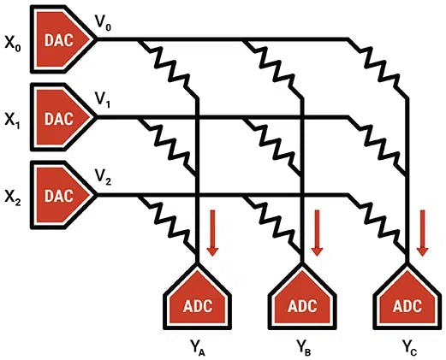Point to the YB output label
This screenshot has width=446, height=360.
[304, 347]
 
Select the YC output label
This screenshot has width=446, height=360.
[410, 347]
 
